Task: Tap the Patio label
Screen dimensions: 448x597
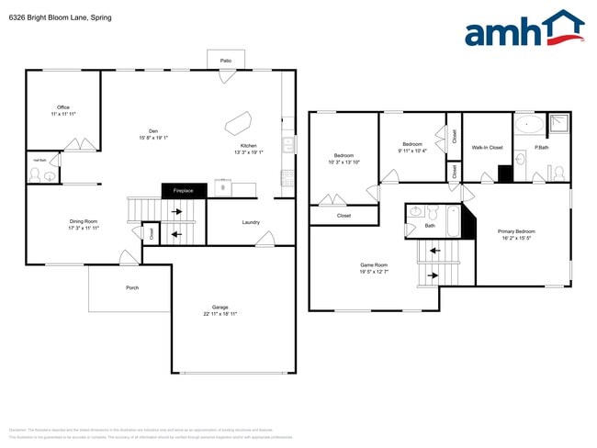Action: (225, 61)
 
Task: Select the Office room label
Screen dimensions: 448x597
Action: (63, 107)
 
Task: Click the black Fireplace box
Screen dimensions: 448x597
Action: (184, 191)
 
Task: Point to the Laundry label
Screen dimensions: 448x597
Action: (251, 222)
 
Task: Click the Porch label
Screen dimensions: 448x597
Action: (132, 287)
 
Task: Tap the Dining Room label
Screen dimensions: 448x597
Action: (83, 221)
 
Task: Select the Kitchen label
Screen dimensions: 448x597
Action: (248, 146)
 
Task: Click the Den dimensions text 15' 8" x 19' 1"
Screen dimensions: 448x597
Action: (153, 138)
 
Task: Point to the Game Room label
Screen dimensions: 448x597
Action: (373, 265)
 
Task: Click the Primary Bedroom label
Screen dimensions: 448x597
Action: (516, 231)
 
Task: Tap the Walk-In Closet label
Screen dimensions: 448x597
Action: (487, 147)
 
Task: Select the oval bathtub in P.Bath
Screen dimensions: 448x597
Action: (528, 125)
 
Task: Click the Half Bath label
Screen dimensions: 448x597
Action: (39, 159)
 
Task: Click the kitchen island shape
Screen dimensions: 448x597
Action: (240, 122)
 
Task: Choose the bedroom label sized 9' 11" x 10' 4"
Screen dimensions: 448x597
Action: (412, 144)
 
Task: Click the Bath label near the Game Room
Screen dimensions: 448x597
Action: (430, 225)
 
